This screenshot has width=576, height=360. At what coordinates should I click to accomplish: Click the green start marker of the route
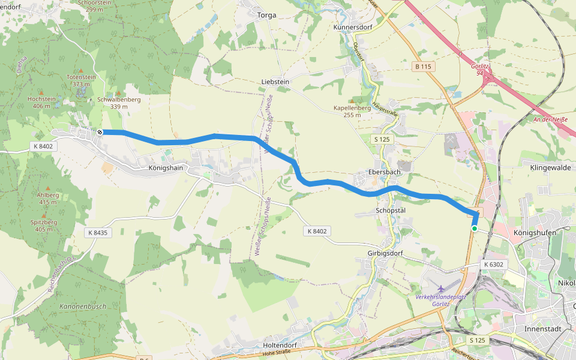click(x=475, y=229)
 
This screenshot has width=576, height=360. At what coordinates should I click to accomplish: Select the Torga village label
click(x=266, y=16)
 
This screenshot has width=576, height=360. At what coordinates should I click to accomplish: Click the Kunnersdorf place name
click(x=353, y=28)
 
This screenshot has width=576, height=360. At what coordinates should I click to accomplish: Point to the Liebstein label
click(x=275, y=82)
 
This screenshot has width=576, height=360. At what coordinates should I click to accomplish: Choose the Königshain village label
click(x=164, y=169)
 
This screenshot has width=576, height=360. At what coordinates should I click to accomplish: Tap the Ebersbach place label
click(x=384, y=172)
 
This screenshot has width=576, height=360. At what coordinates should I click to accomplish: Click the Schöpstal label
click(x=391, y=211)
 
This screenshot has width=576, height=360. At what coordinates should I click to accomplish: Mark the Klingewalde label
click(x=550, y=168)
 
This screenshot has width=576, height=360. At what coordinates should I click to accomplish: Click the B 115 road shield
click(x=424, y=67)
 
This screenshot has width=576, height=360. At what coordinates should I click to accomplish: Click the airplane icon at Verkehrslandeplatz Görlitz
click(x=442, y=289)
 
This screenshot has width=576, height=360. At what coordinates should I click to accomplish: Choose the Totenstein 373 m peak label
click(x=82, y=80)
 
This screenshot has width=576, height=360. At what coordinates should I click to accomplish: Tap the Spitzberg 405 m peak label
click(x=46, y=226)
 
